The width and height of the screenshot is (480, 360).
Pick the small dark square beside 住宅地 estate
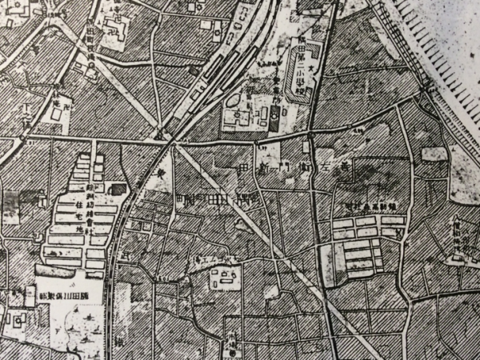click(118, 189)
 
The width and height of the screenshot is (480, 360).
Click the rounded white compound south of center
click(225, 279)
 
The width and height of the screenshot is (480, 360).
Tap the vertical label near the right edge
click(457, 236)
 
